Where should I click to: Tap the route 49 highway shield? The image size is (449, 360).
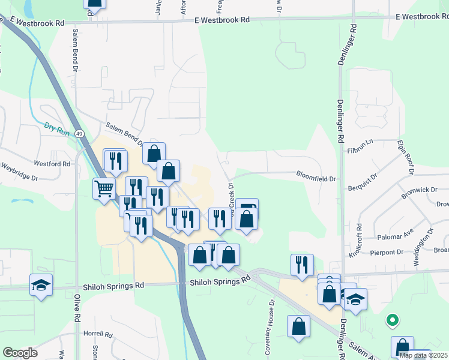tap(79, 134)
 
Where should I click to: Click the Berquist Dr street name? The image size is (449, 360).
tap(363, 184)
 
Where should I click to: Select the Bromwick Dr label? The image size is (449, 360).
tap(416, 195)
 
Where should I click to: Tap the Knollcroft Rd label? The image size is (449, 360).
tap(359, 241)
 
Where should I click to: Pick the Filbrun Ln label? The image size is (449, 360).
tap(361, 146)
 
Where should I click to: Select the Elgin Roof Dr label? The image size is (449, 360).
tap(406, 157)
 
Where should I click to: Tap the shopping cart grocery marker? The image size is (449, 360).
tap(104, 189)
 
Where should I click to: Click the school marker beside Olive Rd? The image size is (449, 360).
tap(41, 284)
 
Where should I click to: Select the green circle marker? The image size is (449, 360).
tap(393, 320)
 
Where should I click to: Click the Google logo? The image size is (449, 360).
tap(20, 353)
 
